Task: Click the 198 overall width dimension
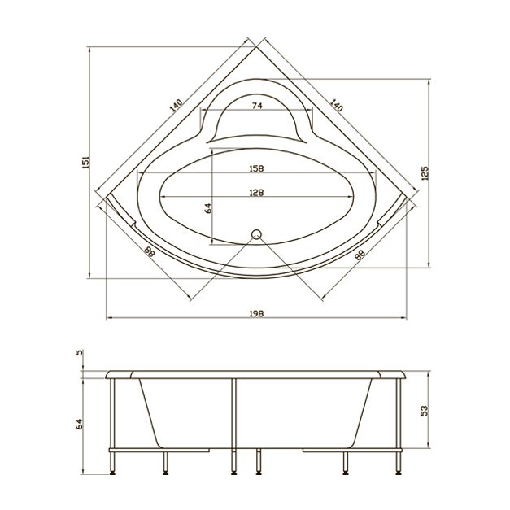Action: pyautogui.click(x=256, y=314)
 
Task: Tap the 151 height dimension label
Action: pyautogui.click(x=85, y=162)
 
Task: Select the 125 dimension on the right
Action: pyautogui.click(x=425, y=173)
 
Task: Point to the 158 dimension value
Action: pyautogui.click(x=256, y=169)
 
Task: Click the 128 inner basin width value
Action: pyautogui.click(x=256, y=193)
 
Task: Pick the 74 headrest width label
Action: pyautogui.click(x=257, y=106)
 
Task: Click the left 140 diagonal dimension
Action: pyautogui.click(x=176, y=105)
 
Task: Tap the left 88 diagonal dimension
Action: pyautogui.click(x=150, y=252)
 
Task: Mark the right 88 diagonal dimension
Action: pyautogui.click(x=360, y=255)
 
